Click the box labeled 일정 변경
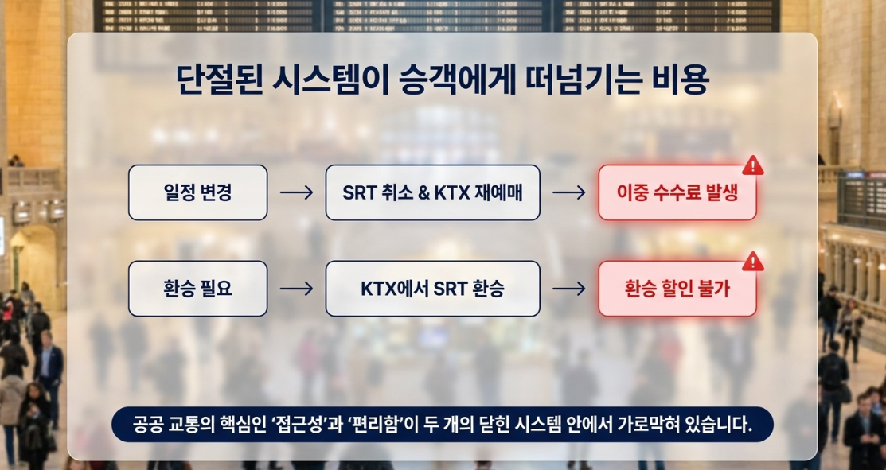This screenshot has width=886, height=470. (197, 192)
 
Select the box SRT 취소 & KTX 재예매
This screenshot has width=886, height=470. (433, 192)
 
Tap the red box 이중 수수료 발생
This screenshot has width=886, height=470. (677, 192)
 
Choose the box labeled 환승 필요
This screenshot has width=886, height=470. (197, 289)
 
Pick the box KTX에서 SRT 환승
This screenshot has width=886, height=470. (433, 289)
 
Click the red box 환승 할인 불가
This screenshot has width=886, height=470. (677, 289)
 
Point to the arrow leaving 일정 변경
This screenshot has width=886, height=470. (297, 193)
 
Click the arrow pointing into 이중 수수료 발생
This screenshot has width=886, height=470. (569, 193)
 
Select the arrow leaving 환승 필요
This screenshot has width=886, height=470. (297, 289)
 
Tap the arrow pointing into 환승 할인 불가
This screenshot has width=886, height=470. (569, 289)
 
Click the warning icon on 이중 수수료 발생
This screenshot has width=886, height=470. (752, 166)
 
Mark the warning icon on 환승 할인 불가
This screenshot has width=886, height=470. (752, 262)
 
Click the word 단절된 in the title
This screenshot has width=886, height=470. (220, 80)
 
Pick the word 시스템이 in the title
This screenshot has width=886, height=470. (331, 80)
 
